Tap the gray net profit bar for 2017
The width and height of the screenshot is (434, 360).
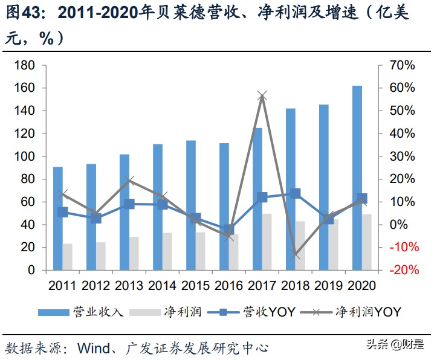coord(267,242)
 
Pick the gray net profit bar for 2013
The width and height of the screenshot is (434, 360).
coord(134,253)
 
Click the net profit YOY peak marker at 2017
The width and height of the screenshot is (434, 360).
coord(262,95)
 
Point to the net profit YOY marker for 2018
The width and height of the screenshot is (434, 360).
coord(295,256)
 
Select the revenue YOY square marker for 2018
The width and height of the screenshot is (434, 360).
coord(295,194)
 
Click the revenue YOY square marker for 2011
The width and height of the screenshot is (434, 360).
coord(62,212)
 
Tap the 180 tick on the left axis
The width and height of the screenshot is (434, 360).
coord(25,65)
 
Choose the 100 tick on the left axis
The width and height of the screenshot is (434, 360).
coord(25,156)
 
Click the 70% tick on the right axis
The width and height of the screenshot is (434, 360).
coord(401,65)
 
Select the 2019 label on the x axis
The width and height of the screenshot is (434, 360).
coord(328,285)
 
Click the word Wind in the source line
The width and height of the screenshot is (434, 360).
coord(94,349)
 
